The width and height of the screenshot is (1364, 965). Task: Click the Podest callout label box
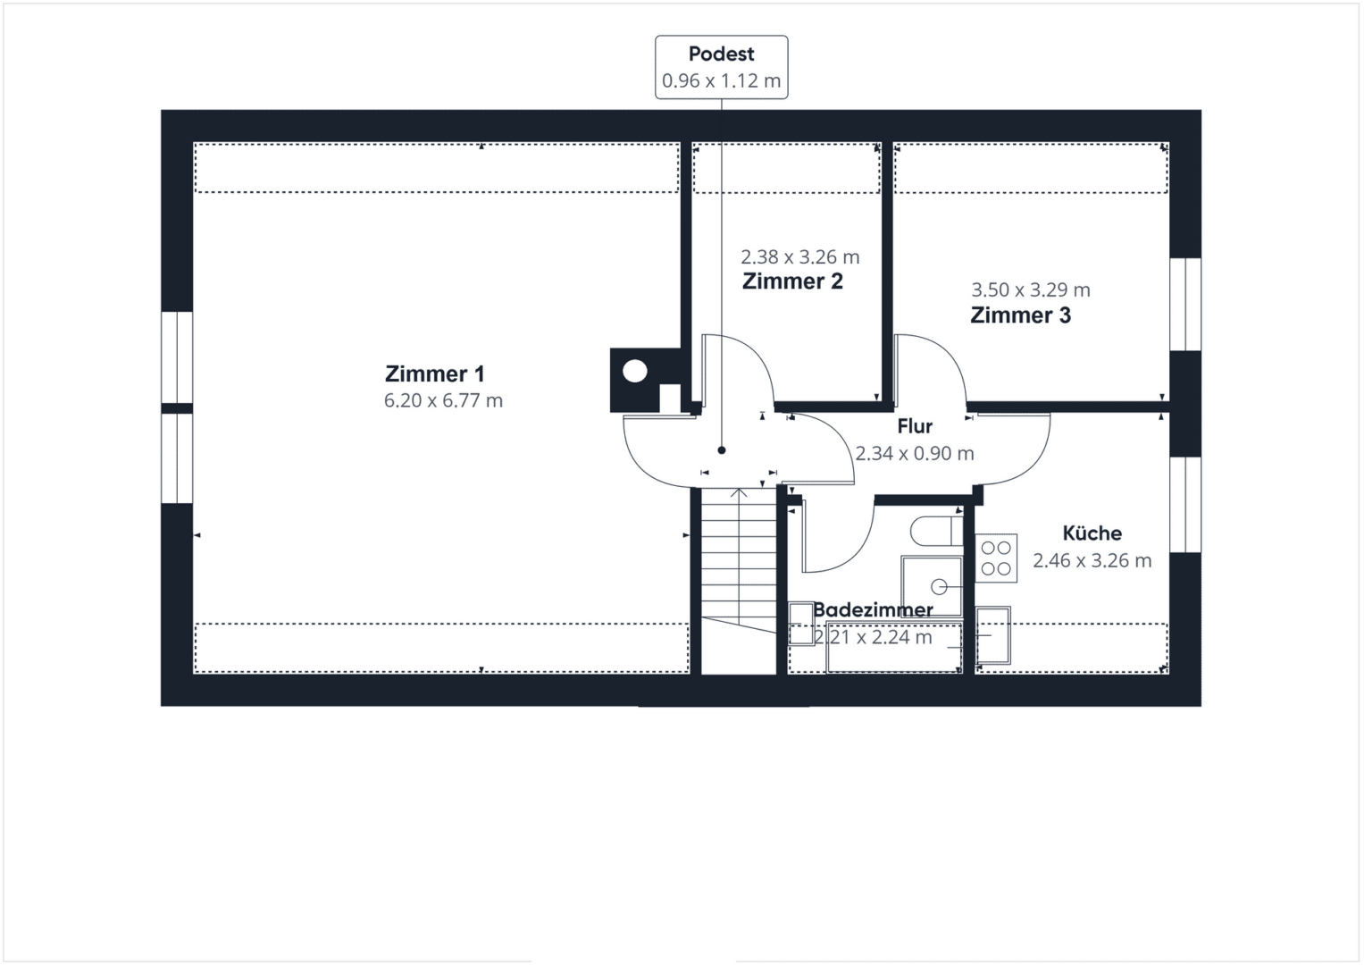coord(722,67)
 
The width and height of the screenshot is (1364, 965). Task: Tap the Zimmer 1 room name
coord(435,373)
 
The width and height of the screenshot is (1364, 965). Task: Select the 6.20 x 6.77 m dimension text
coord(443,400)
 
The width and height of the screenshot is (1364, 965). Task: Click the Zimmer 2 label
coord(792,281)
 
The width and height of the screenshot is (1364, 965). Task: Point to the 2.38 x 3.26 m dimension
coord(800,257)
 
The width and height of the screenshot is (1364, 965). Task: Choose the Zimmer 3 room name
coord(1021,315)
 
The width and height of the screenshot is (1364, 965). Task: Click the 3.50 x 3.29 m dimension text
coord(1030,290)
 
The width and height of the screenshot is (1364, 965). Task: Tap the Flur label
coord(915,426)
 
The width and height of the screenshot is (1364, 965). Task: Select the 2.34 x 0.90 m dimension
coord(915,453)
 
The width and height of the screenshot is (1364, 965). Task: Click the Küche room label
coord(1092,533)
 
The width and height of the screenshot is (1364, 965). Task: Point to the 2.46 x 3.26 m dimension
coord(1092,560)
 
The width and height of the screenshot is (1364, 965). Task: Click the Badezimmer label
coord(873,609)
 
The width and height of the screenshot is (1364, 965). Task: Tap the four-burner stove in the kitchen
coord(996,558)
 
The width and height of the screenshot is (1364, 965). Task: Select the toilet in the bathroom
coord(936,532)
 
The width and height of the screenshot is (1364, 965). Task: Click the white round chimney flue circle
coord(634,371)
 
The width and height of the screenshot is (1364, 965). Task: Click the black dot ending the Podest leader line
coord(722,450)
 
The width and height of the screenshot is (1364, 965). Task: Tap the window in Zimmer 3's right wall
coord(1185,305)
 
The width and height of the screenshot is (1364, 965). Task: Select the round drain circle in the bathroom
coord(939,587)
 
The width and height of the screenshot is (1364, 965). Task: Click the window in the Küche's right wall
coord(1185,505)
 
